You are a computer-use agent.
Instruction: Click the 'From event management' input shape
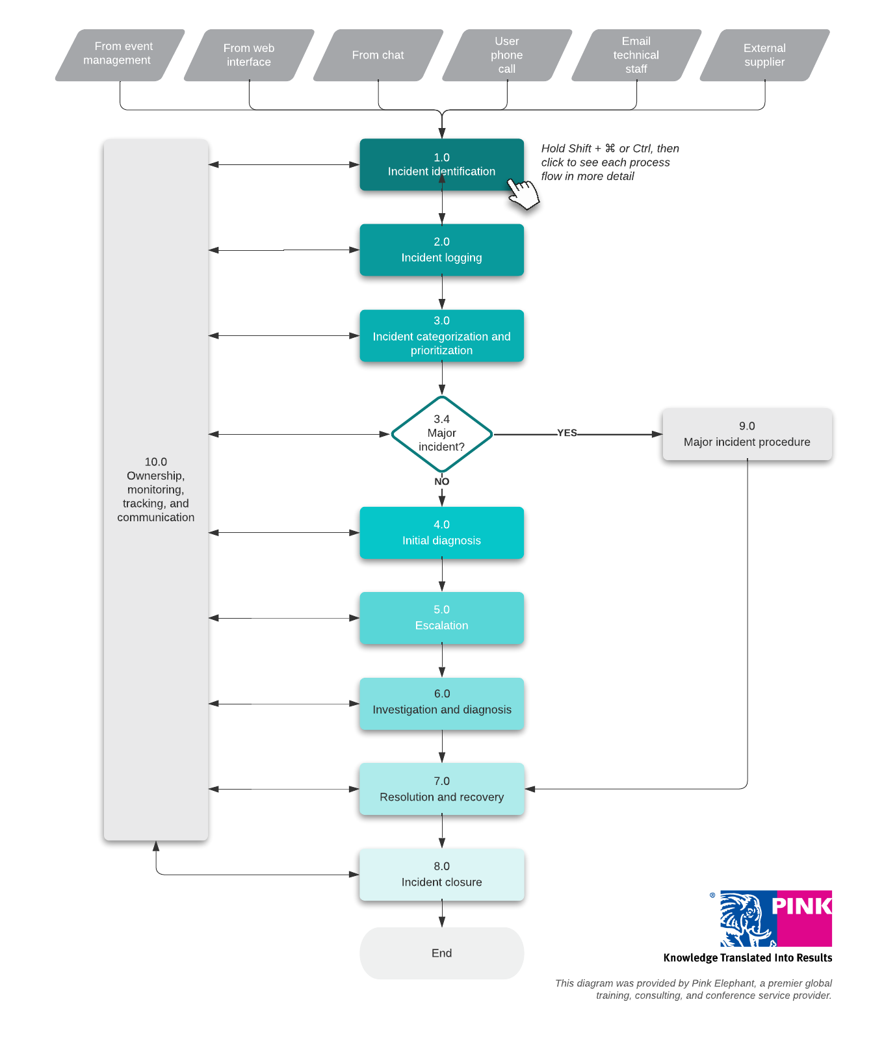(x=120, y=55)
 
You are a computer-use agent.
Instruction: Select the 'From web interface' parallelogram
(x=249, y=55)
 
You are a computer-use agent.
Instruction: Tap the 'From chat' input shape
(x=378, y=55)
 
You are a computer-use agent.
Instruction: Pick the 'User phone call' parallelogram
(x=507, y=55)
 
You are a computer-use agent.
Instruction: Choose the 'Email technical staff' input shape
(x=636, y=55)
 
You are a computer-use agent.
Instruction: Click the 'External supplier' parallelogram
(x=764, y=55)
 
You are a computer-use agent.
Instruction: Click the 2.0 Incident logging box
(x=441, y=250)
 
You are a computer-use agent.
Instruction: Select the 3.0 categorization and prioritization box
(x=441, y=336)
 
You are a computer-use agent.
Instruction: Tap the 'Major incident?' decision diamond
(x=441, y=433)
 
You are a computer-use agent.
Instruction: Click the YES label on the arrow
(x=567, y=433)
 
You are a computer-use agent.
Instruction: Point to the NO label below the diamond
(x=441, y=482)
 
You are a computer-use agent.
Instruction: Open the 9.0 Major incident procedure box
(x=747, y=434)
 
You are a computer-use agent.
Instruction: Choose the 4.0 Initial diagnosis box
(x=441, y=533)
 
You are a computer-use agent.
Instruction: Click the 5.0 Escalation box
(x=441, y=618)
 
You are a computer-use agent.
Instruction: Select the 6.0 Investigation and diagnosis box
(x=441, y=703)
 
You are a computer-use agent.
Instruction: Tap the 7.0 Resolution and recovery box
(x=441, y=789)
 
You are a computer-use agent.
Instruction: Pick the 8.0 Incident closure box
(x=441, y=875)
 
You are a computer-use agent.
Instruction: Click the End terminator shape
(x=441, y=953)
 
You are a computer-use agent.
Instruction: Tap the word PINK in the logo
(x=801, y=906)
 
